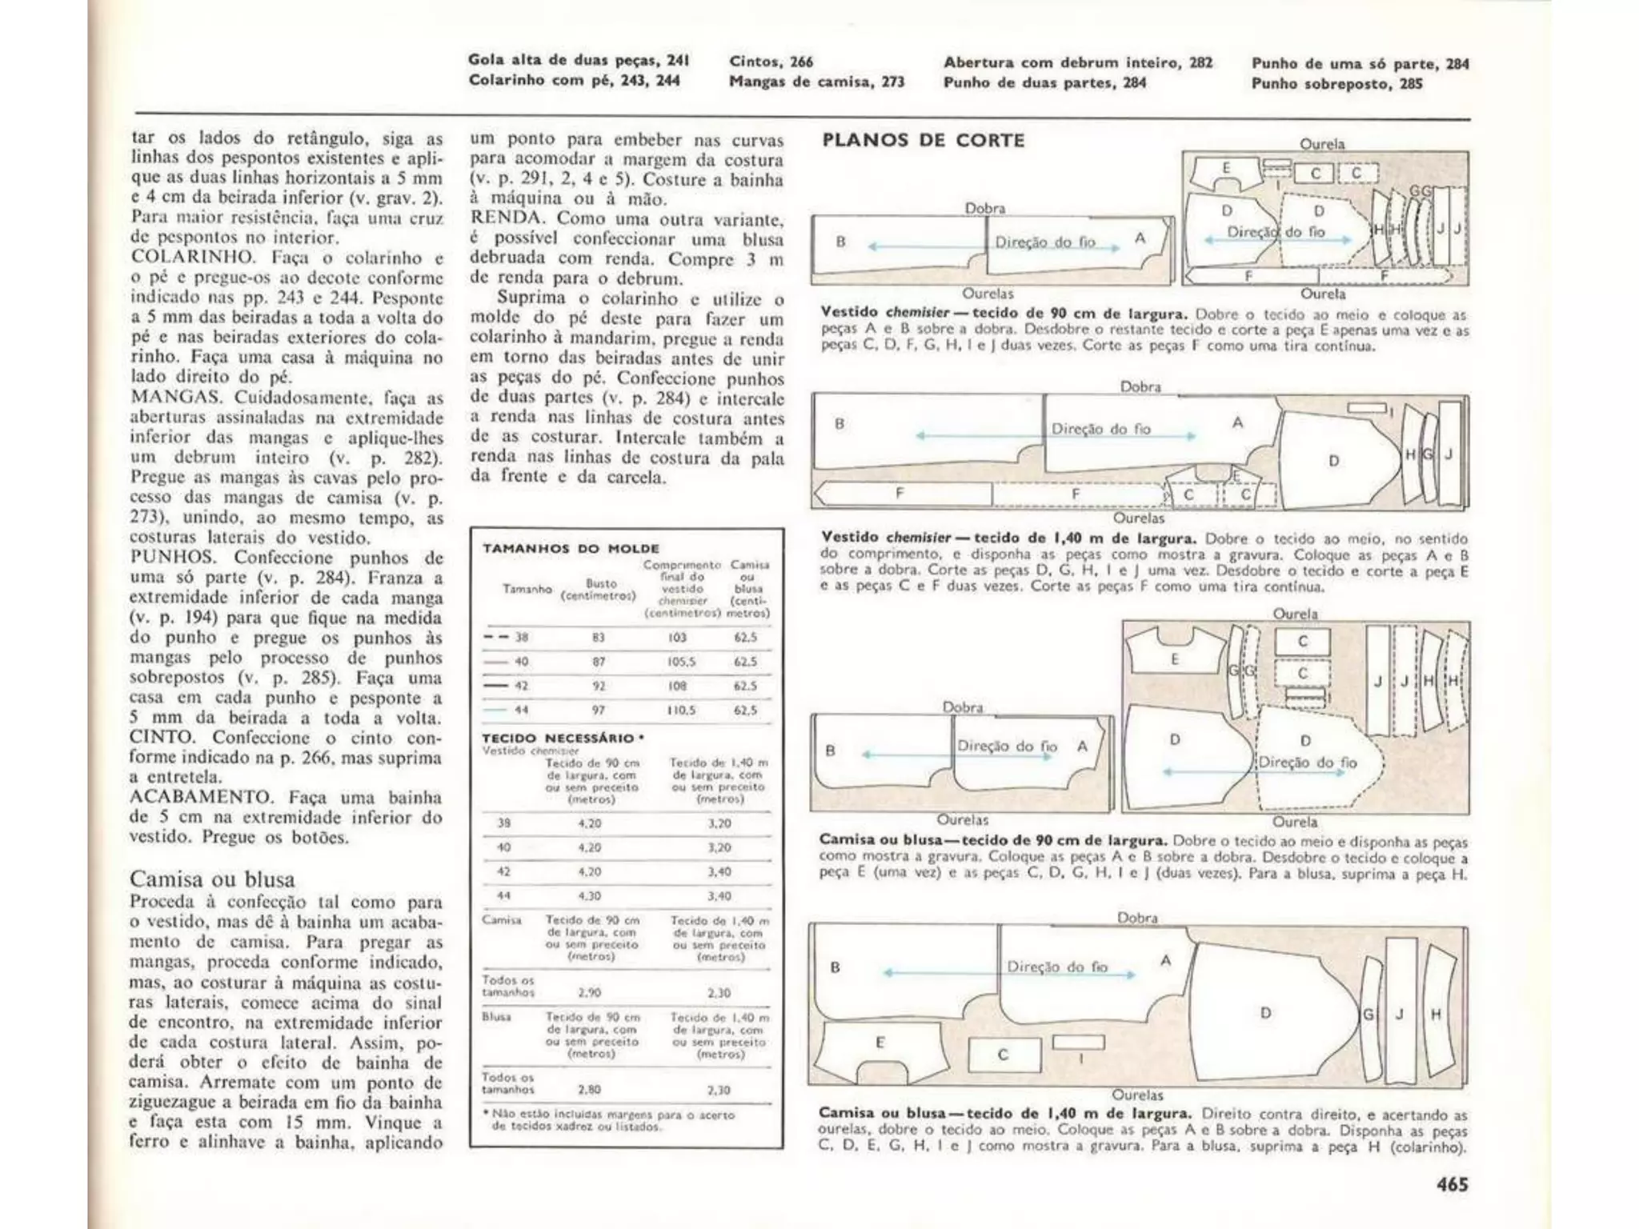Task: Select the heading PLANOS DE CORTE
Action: (x=924, y=140)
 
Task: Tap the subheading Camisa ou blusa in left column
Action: (x=212, y=879)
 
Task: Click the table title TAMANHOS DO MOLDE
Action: (x=571, y=549)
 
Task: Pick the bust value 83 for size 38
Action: (x=599, y=638)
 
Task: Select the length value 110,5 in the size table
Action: (x=682, y=711)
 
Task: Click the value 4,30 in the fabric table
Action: (x=589, y=896)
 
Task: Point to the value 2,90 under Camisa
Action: (x=589, y=993)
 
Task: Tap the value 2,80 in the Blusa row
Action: (x=589, y=1090)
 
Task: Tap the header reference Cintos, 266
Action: (x=771, y=62)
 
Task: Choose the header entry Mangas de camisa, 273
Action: (x=816, y=81)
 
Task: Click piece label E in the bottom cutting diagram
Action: (x=880, y=1042)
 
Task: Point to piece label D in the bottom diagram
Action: (x=1265, y=1013)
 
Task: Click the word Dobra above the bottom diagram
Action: (x=1137, y=918)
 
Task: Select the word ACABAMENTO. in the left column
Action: (x=201, y=797)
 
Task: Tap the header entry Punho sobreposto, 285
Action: (x=1336, y=83)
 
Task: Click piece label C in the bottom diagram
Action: (x=1003, y=1055)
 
